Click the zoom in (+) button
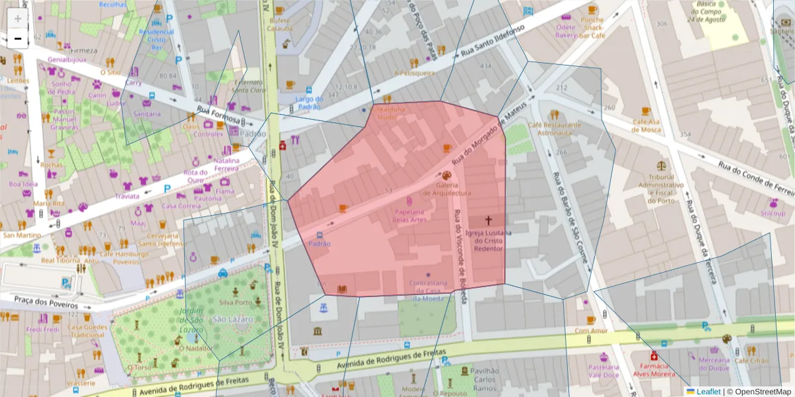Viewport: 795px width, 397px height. (18, 18)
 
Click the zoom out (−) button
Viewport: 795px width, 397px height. (18, 39)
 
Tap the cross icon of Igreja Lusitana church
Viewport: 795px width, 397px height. (489, 220)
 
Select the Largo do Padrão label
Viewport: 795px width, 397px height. (309, 103)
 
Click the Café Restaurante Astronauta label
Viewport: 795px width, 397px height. (554, 128)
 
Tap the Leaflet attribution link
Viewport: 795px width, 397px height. (708, 392)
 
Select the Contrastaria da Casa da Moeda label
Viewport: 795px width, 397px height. (427, 290)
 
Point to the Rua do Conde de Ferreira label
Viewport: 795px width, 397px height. (755, 175)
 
